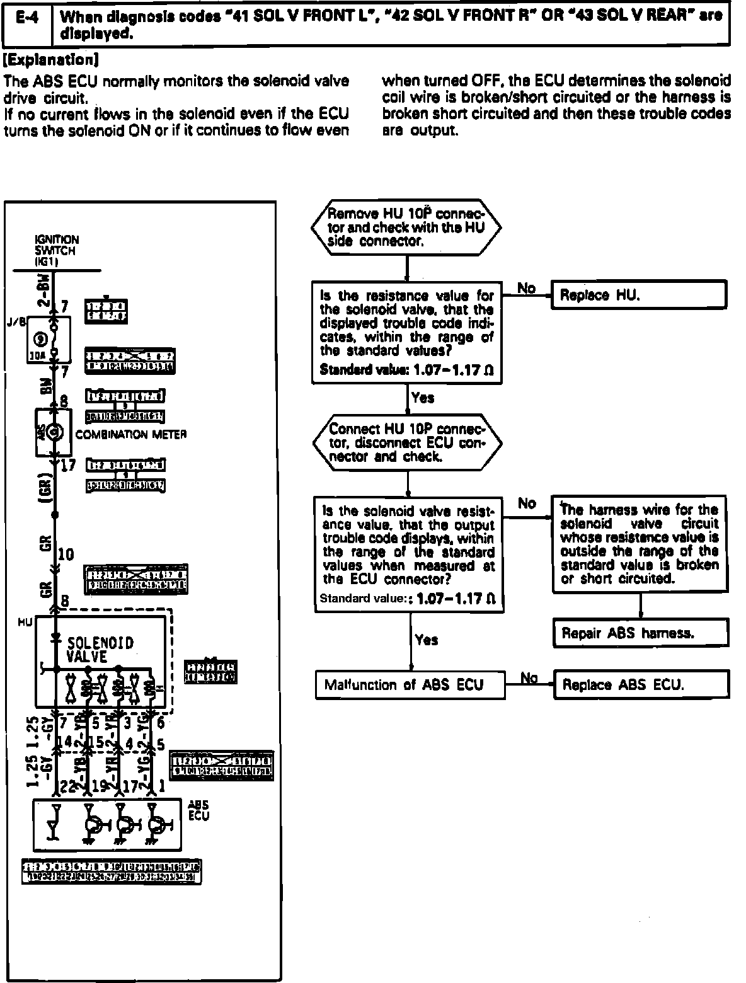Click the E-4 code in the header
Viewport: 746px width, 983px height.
tap(26, 18)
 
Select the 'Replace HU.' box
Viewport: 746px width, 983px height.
tap(639, 296)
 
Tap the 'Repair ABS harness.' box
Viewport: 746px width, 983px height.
tap(640, 633)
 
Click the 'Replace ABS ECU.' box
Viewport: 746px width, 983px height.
tap(641, 684)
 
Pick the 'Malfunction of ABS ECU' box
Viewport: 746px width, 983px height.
tap(410, 684)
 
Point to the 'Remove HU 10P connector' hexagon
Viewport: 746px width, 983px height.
tap(407, 228)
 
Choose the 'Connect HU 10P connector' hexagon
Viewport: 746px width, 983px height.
tap(407, 442)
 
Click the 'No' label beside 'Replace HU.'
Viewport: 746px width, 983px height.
tap(526, 289)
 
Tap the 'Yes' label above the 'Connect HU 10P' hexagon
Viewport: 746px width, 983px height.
tap(422, 398)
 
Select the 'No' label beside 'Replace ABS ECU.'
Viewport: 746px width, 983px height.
tap(529, 677)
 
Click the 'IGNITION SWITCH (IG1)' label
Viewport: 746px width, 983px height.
tap(57, 250)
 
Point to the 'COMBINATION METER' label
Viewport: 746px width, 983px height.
tap(131, 435)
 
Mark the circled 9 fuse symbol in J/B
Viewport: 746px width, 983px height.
tap(35, 338)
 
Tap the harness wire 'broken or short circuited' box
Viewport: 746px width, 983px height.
tap(640, 544)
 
